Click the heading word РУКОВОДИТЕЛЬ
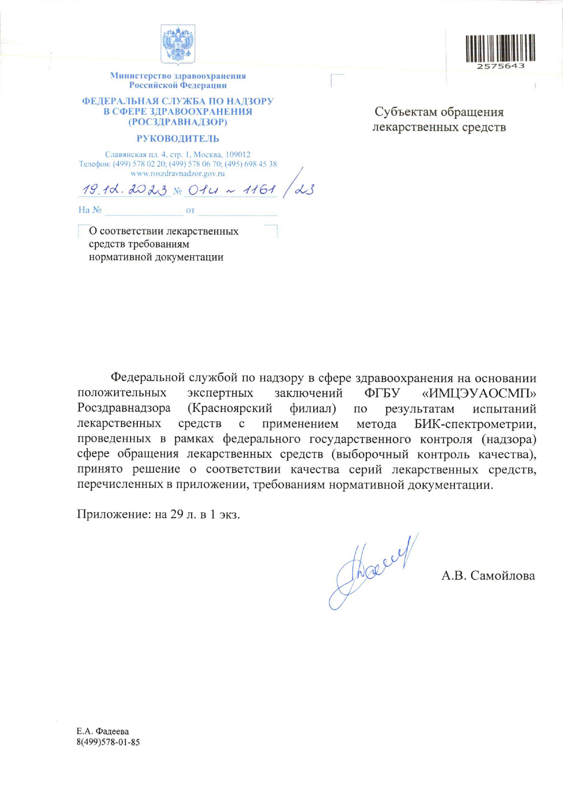(177, 139)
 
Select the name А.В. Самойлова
(488, 576)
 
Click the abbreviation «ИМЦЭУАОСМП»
(479, 393)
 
